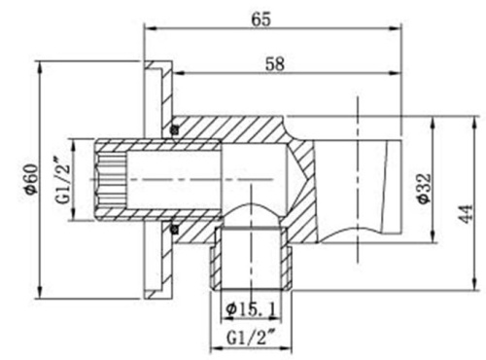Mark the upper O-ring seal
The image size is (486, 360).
174,129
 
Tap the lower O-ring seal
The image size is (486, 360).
174,230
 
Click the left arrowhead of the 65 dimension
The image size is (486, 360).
149,29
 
